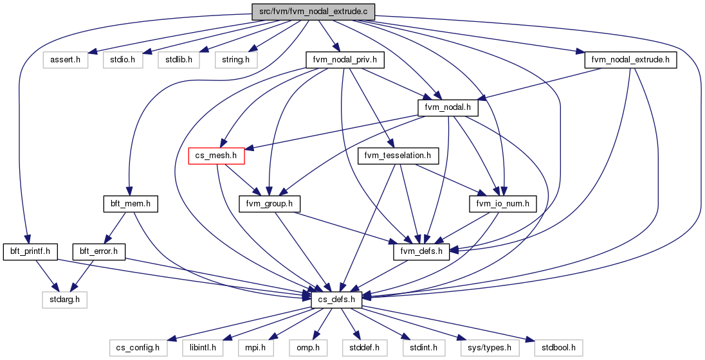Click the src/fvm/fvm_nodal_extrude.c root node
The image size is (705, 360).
313,12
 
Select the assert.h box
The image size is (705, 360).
66,60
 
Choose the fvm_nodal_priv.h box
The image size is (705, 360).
345,60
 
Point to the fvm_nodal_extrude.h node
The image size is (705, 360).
631,60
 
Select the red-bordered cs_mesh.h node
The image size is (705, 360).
216,156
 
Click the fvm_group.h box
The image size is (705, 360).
270,204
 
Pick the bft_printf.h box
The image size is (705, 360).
31,252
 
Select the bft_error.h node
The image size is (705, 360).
99,252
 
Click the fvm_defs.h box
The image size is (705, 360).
421,252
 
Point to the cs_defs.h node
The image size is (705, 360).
336,300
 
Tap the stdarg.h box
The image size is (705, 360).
64,300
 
